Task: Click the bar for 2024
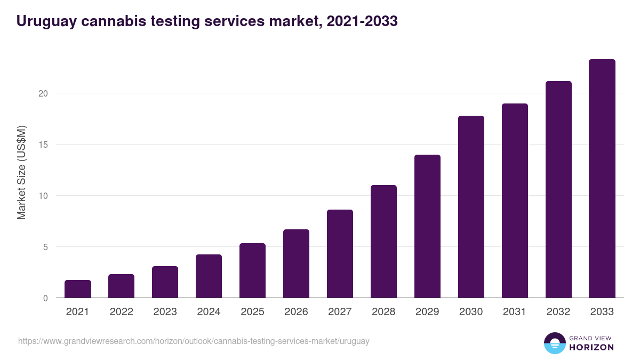[x=209, y=276]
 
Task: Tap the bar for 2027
[x=340, y=253]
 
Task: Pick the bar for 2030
[x=471, y=206]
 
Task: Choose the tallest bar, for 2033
[x=602, y=178]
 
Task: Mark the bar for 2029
[x=427, y=226]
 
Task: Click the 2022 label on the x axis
[x=122, y=312]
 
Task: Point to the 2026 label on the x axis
[x=296, y=312]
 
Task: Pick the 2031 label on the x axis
[x=515, y=312]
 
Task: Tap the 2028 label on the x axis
[x=383, y=312]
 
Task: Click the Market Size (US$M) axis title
[x=21, y=173]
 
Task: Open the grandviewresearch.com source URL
[x=194, y=341]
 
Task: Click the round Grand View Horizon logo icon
[x=555, y=343]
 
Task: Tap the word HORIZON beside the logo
[x=592, y=347]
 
